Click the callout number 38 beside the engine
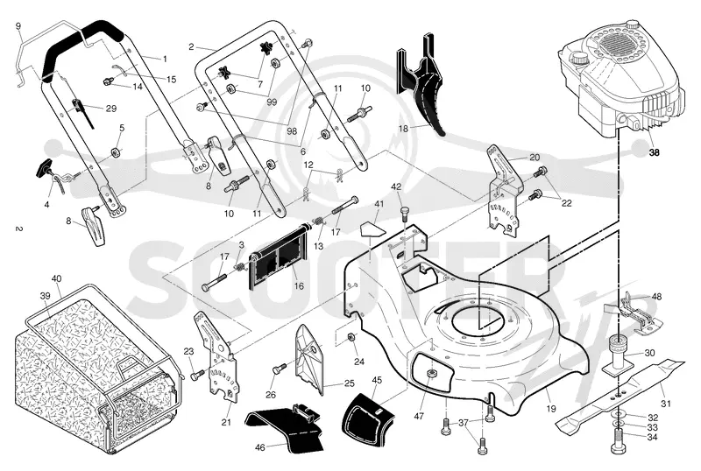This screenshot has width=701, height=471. point(654,152)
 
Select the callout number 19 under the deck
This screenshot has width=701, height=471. point(551,409)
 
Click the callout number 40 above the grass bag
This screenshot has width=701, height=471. point(56,279)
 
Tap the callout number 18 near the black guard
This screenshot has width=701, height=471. point(403,129)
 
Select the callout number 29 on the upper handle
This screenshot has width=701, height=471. point(111,109)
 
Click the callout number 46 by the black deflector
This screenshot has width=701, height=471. point(259,446)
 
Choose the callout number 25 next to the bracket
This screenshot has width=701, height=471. point(349,383)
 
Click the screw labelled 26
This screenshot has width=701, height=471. point(279,369)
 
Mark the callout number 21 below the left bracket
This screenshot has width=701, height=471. point(226,422)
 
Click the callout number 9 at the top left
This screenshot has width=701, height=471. point(18,26)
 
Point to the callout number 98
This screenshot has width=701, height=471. point(292,131)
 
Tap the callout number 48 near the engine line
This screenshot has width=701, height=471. point(656,296)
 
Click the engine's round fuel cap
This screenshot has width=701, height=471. point(579,58)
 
